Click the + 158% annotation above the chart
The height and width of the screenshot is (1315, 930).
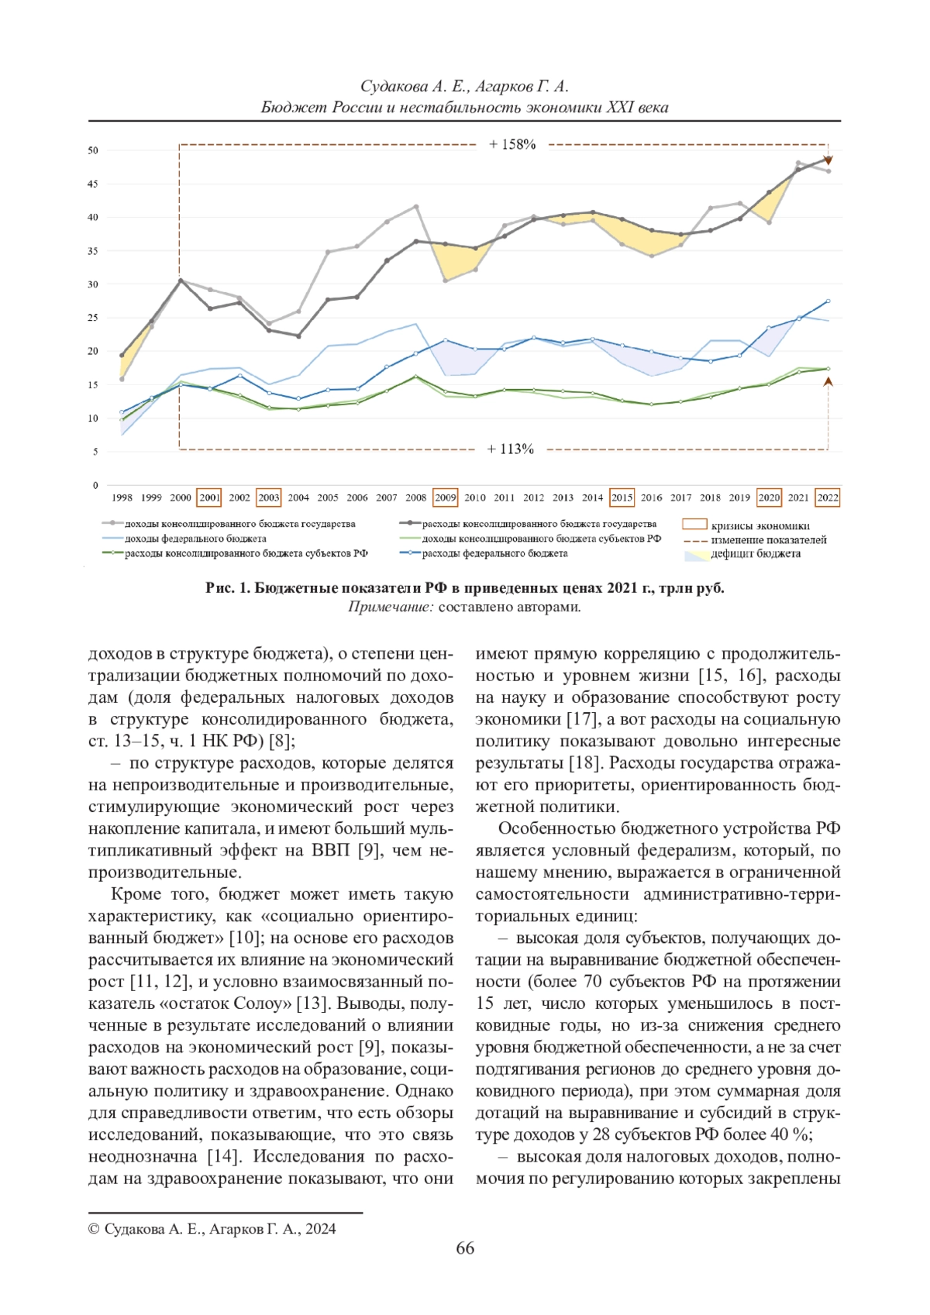click(x=512, y=144)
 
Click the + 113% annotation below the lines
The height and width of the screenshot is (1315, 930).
click(x=510, y=449)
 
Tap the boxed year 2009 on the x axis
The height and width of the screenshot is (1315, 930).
click(x=445, y=497)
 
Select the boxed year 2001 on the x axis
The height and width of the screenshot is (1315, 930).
click(x=210, y=497)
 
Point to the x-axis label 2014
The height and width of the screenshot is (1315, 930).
click(x=592, y=497)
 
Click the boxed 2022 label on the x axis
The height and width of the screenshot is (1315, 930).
click(x=828, y=497)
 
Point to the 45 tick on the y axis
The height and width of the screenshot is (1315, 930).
click(x=93, y=184)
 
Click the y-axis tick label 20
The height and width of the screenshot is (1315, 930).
click(x=93, y=351)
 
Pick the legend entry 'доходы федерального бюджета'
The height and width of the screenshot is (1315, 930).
click(x=195, y=539)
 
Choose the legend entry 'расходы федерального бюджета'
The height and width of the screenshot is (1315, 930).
click(x=494, y=553)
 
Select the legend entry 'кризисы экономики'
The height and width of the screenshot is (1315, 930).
click(x=759, y=525)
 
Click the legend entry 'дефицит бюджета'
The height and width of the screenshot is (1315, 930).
click(x=756, y=553)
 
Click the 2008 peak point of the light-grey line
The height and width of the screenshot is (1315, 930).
click(x=416, y=207)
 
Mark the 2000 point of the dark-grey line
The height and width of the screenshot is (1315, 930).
click(x=181, y=281)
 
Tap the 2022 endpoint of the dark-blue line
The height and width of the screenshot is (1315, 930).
click(x=828, y=301)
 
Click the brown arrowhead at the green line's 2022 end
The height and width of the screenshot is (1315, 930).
click(x=828, y=381)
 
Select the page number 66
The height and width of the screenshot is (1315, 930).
click(x=465, y=1248)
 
